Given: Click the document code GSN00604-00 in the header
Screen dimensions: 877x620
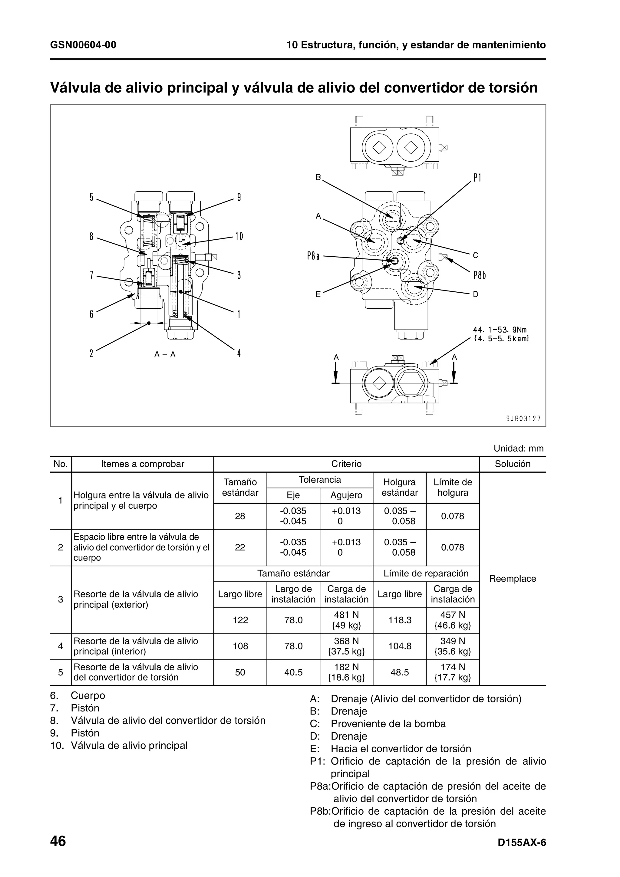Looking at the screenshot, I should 83,45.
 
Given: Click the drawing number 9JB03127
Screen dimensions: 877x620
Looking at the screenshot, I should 523,419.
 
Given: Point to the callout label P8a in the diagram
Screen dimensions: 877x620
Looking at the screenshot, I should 313,256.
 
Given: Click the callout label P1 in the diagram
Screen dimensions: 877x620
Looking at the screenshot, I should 477,178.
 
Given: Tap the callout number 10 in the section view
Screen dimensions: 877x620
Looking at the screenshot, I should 239,236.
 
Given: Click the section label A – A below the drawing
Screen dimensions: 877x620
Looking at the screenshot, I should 165,354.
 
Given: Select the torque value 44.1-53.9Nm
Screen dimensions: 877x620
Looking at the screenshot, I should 500,330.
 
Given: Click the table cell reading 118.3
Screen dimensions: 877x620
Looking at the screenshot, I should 400,620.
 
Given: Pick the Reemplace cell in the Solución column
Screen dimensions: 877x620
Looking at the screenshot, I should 512,578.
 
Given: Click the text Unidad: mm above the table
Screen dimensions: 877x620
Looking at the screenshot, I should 518,448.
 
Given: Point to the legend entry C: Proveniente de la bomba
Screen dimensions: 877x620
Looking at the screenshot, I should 378,724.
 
